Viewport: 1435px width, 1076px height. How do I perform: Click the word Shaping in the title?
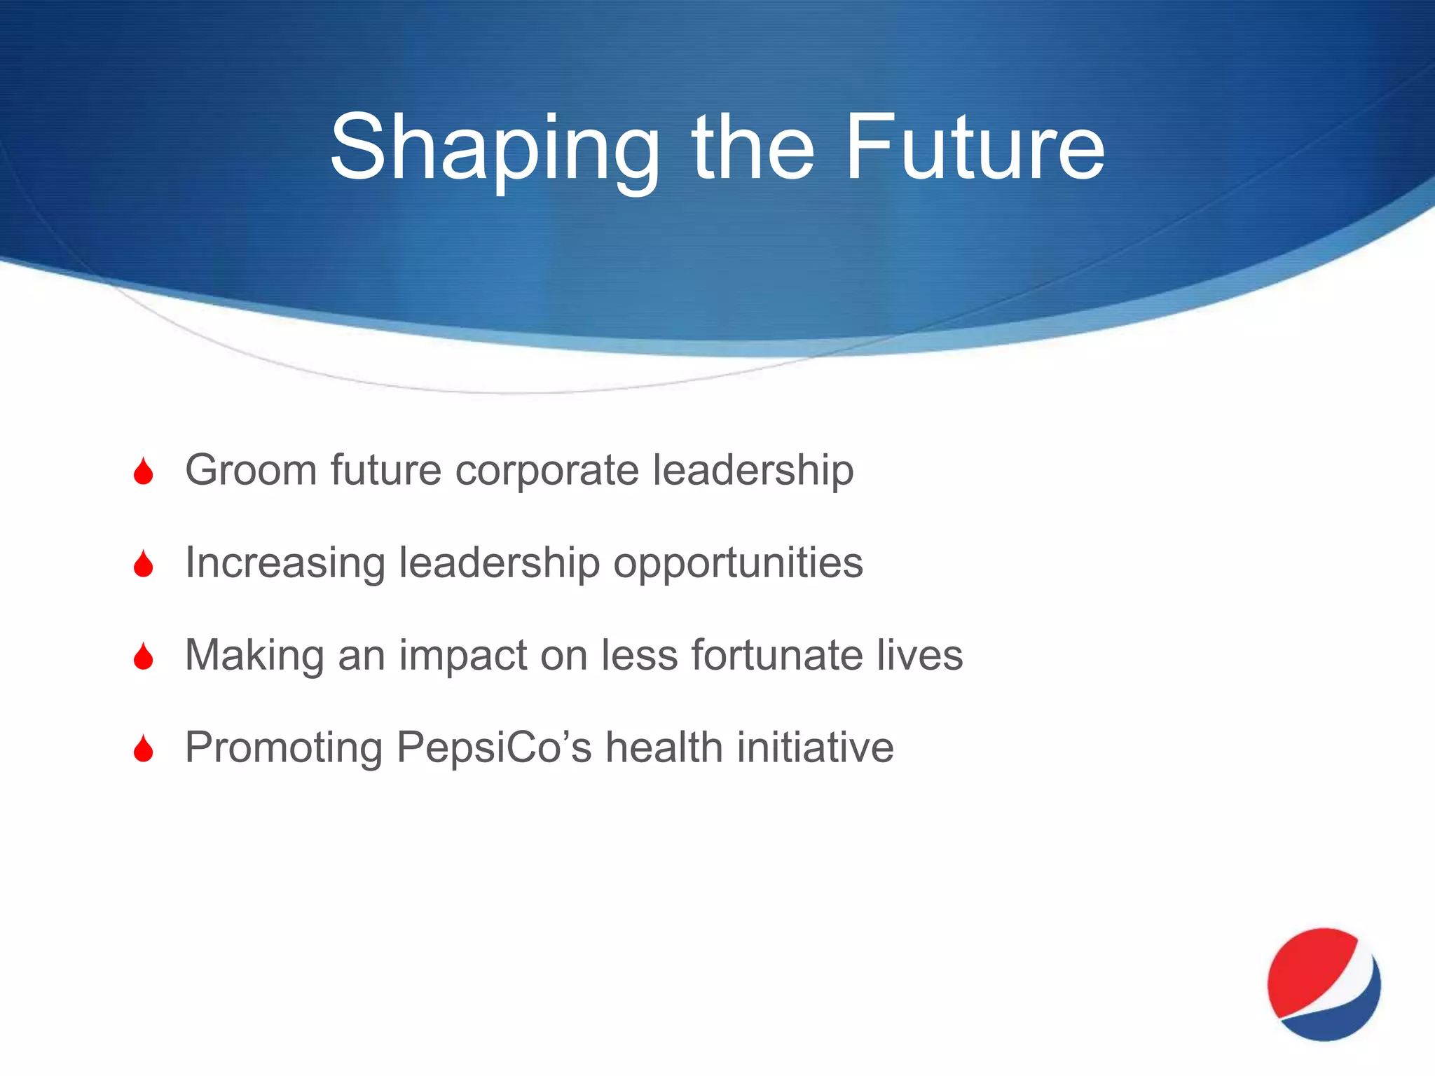tap(495, 149)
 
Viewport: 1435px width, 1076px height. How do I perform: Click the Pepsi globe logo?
tap(1324, 984)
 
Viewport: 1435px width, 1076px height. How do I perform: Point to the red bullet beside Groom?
tap(144, 471)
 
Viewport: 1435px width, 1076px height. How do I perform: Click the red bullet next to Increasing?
tap(144, 564)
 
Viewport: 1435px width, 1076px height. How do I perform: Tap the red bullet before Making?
tap(144, 656)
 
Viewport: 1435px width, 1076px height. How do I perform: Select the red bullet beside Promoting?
tap(144, 749)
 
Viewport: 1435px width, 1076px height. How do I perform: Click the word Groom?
tap(251, 469)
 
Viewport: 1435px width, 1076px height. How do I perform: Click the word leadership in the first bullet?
tap(753, 469)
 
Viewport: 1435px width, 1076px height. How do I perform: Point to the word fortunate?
tap(777, 655)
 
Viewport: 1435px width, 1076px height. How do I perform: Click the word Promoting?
tap(284, 747)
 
